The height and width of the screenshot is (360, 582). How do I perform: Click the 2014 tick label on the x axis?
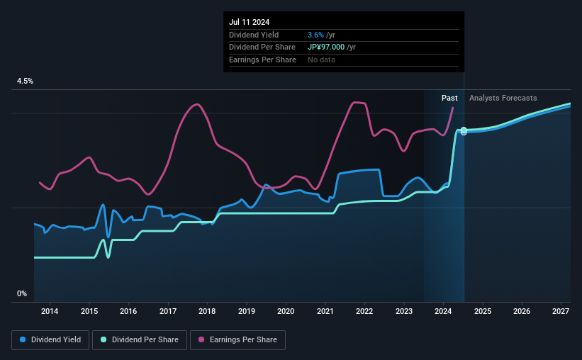[50, 311]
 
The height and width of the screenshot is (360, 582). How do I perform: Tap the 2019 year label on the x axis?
[247, 311]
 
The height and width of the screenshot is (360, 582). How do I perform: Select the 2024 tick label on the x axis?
[443, 311]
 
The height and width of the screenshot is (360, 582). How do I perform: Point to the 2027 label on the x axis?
[561, 311]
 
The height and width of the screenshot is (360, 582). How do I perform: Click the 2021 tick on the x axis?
[325, 311]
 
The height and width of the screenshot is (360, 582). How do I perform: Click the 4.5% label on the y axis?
[25, 81]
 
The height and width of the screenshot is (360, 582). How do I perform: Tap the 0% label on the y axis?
[22, 293]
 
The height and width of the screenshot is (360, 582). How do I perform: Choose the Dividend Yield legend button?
[50, 340]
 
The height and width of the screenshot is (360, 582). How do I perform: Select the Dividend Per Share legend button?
[140, 340]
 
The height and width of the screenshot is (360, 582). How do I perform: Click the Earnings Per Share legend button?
[237, 340]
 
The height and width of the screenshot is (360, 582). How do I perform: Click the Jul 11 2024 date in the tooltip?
[249, 22]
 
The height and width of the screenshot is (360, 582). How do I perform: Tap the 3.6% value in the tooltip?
[315, 35]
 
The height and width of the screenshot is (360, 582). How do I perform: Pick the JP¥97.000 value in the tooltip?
[326, 47]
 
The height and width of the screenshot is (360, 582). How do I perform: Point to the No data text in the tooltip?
[321, 60]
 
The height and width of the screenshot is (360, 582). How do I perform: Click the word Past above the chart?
[449, 98]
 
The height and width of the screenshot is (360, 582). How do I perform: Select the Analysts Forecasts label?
[503, 98]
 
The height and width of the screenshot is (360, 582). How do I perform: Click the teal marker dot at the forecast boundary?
[464, 130]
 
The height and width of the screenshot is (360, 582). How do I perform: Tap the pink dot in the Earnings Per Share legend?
[201, 339]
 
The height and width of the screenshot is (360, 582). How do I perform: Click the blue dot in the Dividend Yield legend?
[23, 339]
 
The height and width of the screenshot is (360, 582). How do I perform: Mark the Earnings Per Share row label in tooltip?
[262, 60]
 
